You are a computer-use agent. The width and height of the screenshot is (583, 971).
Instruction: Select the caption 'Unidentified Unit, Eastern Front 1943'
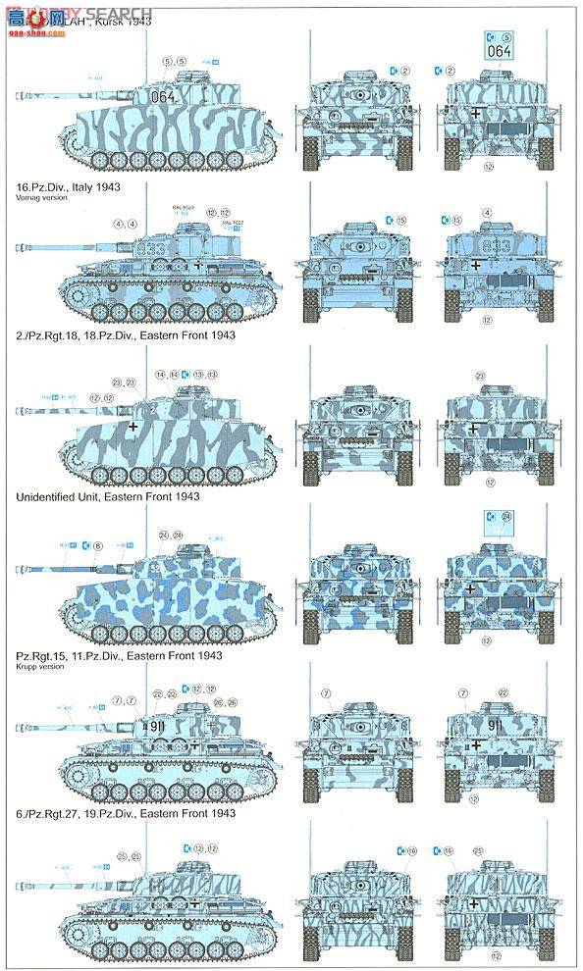108,496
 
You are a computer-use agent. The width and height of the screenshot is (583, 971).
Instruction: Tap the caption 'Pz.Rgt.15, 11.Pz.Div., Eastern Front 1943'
120,654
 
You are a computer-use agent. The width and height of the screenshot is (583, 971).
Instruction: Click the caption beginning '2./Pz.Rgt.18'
126,335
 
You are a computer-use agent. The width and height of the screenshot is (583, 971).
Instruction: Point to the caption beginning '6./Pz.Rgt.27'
126,814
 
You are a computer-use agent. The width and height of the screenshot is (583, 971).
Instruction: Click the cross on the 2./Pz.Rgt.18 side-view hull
133,428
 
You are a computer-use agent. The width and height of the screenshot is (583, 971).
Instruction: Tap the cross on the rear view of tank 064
476,115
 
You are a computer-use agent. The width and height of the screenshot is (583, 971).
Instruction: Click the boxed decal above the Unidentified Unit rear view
500,525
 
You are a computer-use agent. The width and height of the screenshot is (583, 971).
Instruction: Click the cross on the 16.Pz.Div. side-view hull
197,265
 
